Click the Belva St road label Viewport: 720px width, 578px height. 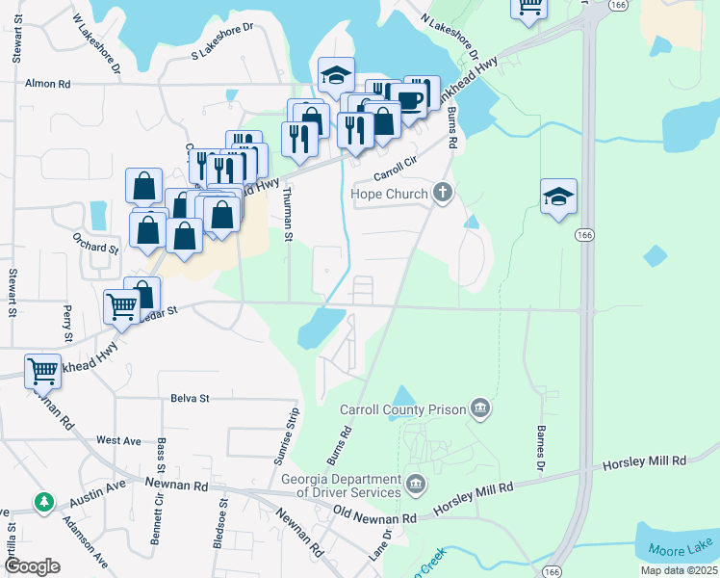coord(190,397)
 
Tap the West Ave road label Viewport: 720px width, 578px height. coord(118,440)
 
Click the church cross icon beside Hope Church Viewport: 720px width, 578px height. coord(442,193)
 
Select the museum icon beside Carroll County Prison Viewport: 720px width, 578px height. coord(481,409)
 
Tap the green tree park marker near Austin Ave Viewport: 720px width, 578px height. coord(43,502)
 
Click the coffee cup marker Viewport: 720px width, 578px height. coord(411,99)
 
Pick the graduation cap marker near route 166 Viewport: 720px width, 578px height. coord(558,197)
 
